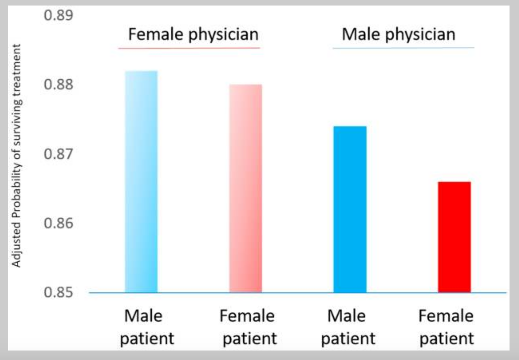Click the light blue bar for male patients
click(x=141, y=182)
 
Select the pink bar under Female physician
click(x=246, y=188)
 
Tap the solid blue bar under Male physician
click(x=350, y=209)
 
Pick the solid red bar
click(x=454, y=237)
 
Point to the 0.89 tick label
click(x=58, y=15)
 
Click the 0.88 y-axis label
click(x=58, y=84)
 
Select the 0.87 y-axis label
click(x=58, y=154)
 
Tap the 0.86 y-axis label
click(x=58, y=223)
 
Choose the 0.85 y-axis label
click(x=58, y=292)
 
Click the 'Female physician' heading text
click(x=193, y=34)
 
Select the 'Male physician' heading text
click(x=398, y=34)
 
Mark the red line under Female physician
click(x=189, y=48)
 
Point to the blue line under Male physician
click(x=403, y=48)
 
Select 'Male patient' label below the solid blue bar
click(x=348, y=327)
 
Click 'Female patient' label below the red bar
click(x=446, y=327)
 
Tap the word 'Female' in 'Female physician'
click(x=156, y=34)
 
